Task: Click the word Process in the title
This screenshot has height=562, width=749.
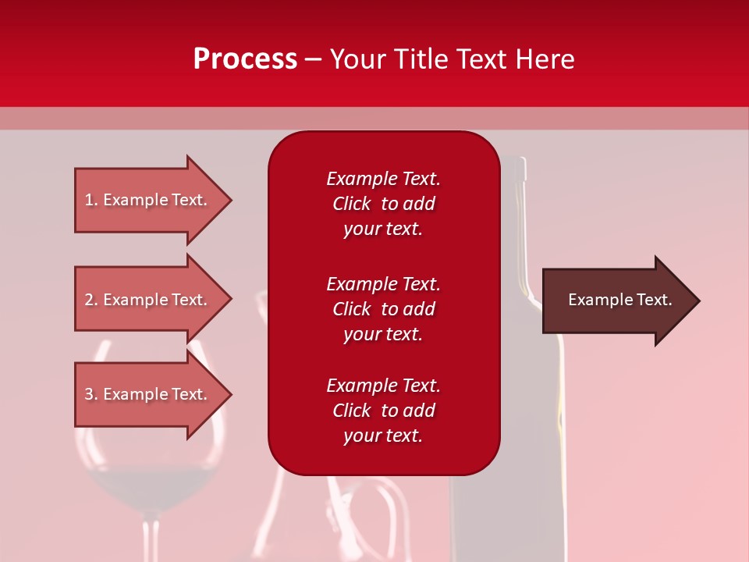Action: [x=245, y=59]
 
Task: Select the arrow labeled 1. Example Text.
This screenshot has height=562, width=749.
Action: [x=148, y=200]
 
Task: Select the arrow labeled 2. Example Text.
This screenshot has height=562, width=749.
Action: [x=148, y=300]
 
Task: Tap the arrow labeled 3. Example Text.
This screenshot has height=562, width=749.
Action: [x=148, y=394]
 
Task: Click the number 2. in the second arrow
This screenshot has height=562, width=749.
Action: [x=91, y=300]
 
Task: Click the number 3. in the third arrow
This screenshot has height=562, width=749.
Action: [x=91, y=394]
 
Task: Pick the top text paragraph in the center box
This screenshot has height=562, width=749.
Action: [x=383, y=204]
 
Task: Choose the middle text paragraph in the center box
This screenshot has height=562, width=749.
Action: [x=383, y=309]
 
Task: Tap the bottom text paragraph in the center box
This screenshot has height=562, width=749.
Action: [x=383, y=411]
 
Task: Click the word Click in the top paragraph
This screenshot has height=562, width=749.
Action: [x=352, y=204]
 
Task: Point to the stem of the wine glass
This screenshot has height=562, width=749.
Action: [x=152, y=539]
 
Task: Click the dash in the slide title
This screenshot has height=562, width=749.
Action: [x=313, y=60]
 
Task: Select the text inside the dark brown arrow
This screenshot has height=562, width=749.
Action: [x=619, y=300]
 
